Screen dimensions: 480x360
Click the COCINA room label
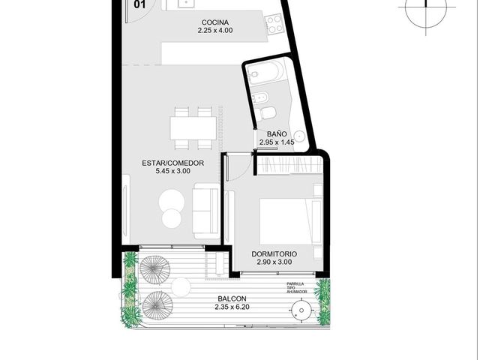[215, 22]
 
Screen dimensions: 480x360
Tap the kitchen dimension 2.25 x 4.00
[215, 30]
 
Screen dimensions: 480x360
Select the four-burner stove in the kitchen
[274, 24]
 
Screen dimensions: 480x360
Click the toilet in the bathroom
[267, 113]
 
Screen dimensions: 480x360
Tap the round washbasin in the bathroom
[298, 136]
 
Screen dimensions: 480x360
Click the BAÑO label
[277, 134]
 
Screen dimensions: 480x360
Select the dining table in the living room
[193, 128]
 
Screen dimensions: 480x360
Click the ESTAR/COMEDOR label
[173, 163]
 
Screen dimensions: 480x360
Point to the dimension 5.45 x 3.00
[173, 171]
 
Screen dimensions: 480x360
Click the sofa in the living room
[205, 211]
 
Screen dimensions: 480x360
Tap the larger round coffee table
[172, 202]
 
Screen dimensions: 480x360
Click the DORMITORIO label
[274, 253]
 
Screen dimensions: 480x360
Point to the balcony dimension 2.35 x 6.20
[232, 307]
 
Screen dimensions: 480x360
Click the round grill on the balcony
[301, 310]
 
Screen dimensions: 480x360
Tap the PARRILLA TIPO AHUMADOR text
[297, 288]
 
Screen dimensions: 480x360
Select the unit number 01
[139, 4]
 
